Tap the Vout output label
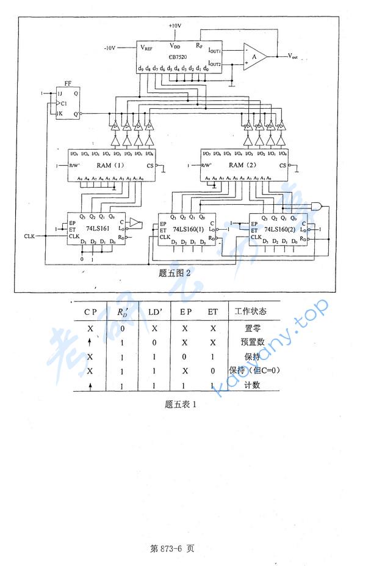point(297,56)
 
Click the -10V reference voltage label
point(110,47)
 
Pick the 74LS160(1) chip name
point(185,229)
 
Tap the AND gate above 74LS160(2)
point(318,206)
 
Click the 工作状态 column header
point(250,311)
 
